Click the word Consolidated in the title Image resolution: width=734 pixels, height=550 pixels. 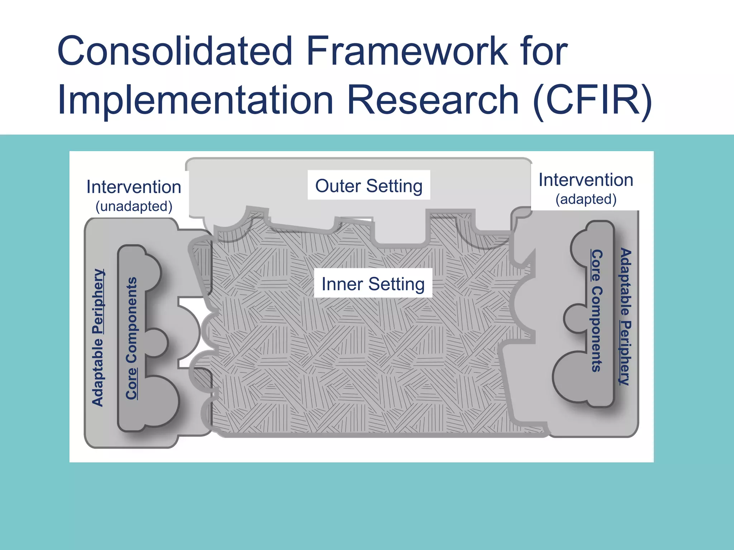(x=175, y=51)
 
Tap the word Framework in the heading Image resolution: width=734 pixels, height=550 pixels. (x=407, y=51)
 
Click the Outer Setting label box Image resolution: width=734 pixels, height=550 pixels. (x=369, y=185)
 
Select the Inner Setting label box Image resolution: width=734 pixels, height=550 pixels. (x=373, y=284)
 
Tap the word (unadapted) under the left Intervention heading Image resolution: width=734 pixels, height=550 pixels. (x=134, y=207)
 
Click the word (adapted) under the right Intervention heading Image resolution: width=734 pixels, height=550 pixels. (x=586, y=199)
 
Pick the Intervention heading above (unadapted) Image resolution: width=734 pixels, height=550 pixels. (x=134, y=187)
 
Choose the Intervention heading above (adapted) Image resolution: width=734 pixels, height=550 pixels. (x=586, y=180)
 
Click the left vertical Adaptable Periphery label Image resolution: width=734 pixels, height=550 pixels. (x=98, y=337)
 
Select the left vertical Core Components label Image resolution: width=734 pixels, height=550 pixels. (x=132, y=338)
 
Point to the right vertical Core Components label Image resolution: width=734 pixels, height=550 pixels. (x=596, y=310)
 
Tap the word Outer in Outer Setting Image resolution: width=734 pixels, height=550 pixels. (x=338, y=186)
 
